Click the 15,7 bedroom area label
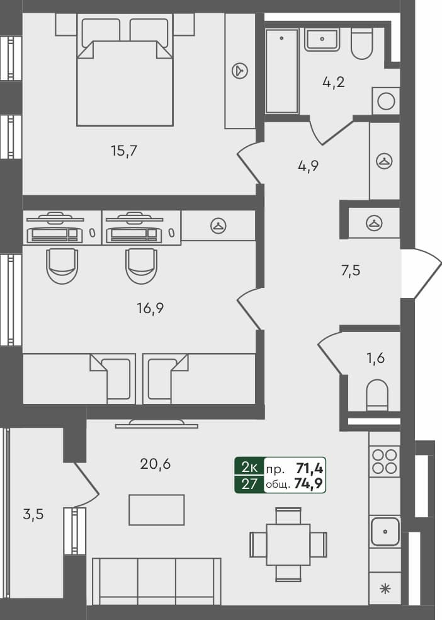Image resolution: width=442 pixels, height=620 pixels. tap(124, 151)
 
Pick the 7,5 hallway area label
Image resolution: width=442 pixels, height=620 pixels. tap(351, 272)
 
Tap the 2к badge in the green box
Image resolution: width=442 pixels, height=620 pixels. tap(249, 468)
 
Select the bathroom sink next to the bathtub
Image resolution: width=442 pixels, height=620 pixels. tap(322, 39)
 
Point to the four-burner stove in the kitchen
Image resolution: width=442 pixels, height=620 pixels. tap(384, 461)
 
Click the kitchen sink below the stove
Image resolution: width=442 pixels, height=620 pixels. tap(384, 531)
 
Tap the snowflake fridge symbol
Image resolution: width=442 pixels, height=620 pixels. tap(384, 590)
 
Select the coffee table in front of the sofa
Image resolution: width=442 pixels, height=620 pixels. tap(157, 509)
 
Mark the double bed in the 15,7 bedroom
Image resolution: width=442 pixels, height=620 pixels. tap(125, 72)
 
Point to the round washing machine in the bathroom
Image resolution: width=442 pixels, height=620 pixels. tap(386, 101)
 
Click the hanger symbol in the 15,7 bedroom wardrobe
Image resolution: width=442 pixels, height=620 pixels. tap(240, 71)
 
